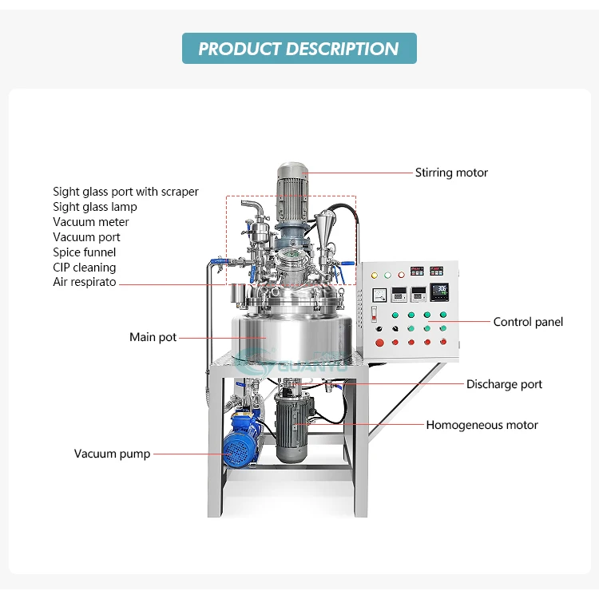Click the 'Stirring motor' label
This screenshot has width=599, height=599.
[x=451, y=173]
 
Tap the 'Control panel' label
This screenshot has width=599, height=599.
[x=528, y=322]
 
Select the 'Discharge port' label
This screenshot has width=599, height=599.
[x=504, y=384]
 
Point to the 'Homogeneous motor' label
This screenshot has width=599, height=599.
[x=482, y=425]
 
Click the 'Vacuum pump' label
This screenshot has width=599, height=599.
[x=112, y=454]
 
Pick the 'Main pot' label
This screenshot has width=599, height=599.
[x=153, y=337]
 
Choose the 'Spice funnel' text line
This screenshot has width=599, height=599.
[x=84, y=252]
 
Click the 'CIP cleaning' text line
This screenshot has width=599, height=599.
[x=84, y=268]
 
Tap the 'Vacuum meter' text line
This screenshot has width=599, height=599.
[x=90, y=222]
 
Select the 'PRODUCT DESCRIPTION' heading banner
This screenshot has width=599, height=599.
[x=299, y=49]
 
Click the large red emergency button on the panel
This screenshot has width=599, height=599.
[x=379, y=343]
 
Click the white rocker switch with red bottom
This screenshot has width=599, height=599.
[x=373, y=313]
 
